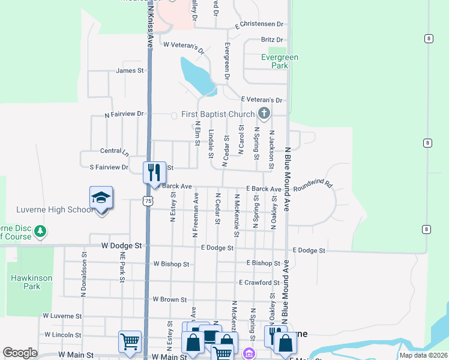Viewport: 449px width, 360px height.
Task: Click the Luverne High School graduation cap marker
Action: (101, 197)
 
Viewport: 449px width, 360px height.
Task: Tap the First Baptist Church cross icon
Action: (264, 113)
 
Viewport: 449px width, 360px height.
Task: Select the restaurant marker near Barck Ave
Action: (154, 172)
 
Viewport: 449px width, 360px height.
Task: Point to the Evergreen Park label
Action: (280, 61)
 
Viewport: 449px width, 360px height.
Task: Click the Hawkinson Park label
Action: (31, 282)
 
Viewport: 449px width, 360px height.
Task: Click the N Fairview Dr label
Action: (125, 113)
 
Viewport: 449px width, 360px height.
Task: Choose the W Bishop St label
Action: (171, 263)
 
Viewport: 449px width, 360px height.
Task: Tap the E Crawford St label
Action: (259, 282)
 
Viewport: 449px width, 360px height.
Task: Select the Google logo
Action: (20, 353)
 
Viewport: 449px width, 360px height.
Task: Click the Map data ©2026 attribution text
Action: (423, 355)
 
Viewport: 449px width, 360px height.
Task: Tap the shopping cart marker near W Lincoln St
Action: (130, 341)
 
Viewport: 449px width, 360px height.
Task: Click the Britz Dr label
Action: (271, 40)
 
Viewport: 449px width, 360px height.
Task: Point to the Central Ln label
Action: (114, 151)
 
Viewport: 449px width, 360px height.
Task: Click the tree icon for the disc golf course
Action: (40, 231)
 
